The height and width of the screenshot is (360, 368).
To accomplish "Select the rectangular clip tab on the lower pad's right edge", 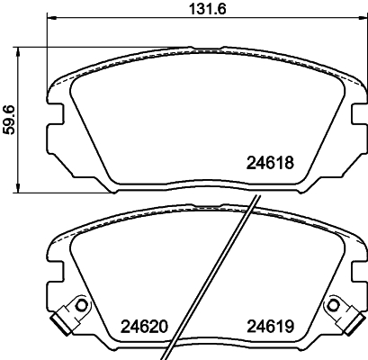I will [352, 317].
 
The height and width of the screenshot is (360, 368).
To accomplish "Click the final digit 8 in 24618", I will [291, 165].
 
